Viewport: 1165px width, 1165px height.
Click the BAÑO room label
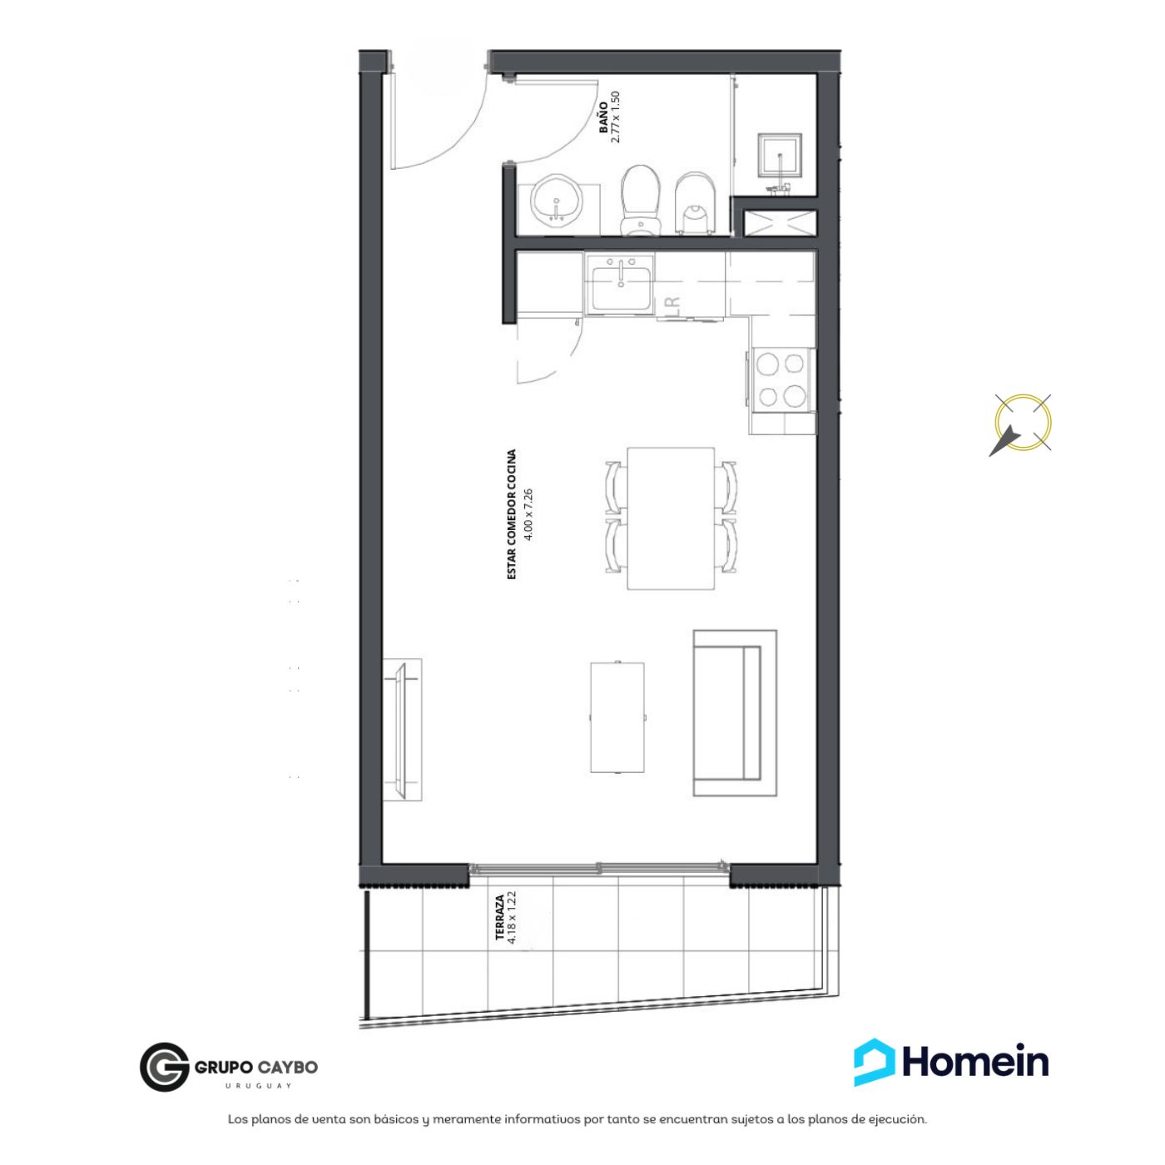(603, 117)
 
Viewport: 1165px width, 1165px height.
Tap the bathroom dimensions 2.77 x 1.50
(616, 116)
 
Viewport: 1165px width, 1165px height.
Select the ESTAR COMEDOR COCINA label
(512, 514)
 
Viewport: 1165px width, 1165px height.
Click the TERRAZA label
(500, 918)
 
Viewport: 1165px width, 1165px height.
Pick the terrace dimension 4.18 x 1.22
(512, 918)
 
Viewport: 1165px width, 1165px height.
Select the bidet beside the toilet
(694, 204)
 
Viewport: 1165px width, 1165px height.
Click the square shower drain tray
(780, 156)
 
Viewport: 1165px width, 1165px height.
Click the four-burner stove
(780, 380)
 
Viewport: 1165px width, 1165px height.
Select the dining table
(671, 518)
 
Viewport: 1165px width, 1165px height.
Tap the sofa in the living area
(735, 713)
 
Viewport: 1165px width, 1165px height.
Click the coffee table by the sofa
(617, 717)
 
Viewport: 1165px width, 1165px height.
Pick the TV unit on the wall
(402, 730)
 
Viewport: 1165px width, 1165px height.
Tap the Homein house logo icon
(875, 1062)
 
